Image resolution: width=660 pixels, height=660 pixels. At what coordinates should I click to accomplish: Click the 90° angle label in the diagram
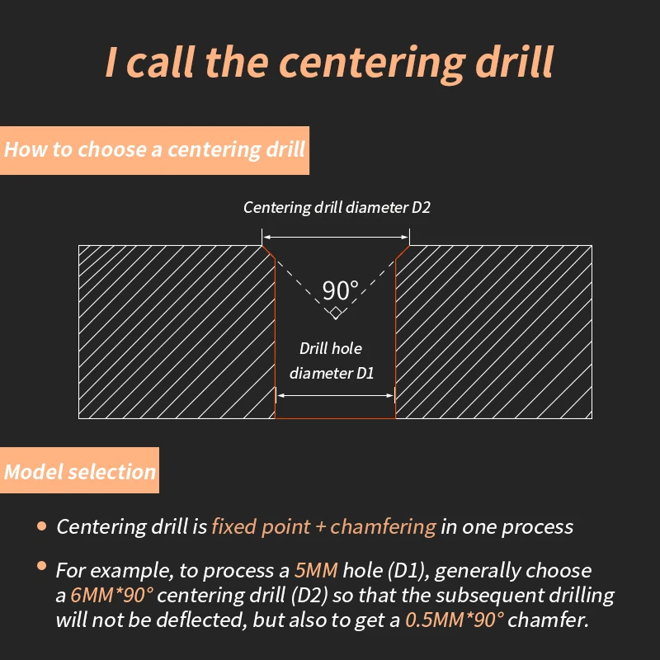(x=341, y=290)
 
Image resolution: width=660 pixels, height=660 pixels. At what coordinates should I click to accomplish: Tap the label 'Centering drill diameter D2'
(x=337, y=208)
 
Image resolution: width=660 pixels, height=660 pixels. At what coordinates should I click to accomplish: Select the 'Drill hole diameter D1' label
(x=332, y=361)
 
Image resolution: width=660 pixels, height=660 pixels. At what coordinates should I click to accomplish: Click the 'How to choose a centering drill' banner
(x=154, y=150)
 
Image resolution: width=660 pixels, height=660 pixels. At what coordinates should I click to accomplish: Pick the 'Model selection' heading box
(x=79, y=470)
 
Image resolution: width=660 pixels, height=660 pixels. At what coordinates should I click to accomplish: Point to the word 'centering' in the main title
(x=373, y=64)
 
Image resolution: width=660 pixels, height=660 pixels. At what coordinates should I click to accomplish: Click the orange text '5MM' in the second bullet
(x=316, y=570)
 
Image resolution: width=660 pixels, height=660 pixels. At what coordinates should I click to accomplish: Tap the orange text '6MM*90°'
(x=112, y=595)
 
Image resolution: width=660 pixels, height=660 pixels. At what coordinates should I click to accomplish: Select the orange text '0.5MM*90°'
(x=455, y=620)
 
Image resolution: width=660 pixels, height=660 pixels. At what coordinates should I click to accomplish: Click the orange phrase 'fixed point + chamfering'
(x=323, y=527)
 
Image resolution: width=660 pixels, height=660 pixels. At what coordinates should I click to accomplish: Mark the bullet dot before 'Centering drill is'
(x=42, y=526)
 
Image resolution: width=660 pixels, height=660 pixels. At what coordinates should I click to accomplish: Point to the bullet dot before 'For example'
(x=42, y=566)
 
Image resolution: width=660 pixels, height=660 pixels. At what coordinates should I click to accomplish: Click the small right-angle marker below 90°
(x=336, y=313)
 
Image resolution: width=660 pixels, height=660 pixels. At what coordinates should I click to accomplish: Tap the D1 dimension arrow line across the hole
(x=336, y=396)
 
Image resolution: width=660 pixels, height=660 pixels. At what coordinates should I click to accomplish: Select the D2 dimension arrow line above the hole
(x=336, y=238)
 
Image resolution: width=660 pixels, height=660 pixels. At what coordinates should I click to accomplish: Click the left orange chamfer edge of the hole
(x=269, y=252)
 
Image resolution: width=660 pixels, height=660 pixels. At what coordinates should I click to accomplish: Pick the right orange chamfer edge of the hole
(x=403, y=252)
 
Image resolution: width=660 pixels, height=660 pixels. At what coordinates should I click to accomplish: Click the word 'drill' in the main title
(x=514, y=61)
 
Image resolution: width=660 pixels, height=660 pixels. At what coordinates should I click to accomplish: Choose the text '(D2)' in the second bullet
(x=309, y=596)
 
